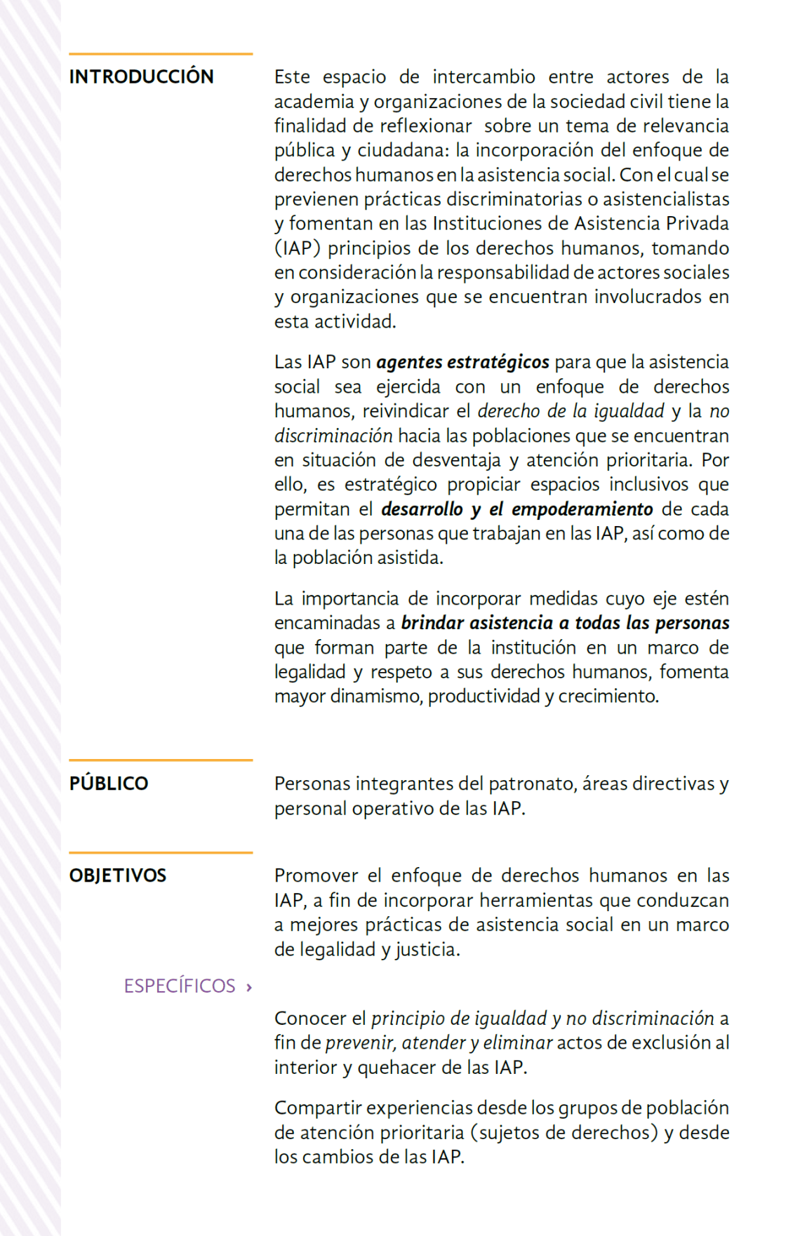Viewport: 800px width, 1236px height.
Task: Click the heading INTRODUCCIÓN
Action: tap(141, 76)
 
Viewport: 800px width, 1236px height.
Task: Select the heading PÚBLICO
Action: tap(109, 784)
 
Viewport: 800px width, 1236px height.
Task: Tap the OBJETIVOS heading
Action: tap(118, 875)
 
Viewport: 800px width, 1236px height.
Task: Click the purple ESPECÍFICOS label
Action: tap(180, 986)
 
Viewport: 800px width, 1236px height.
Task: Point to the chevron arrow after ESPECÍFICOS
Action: tap(249, 988)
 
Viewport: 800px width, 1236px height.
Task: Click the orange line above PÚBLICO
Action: tap(161, 760)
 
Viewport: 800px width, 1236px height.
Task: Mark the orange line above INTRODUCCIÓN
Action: tap(161, 53)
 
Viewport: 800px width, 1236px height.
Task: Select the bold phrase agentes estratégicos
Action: tap(462, 362)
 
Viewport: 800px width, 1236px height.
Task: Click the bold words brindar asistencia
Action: tap(477, 623)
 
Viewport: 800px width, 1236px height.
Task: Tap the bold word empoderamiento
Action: tap(582, 509)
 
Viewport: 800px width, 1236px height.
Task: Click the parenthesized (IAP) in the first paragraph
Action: tap(298, 248)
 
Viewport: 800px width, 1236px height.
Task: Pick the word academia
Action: tap(314, 102)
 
